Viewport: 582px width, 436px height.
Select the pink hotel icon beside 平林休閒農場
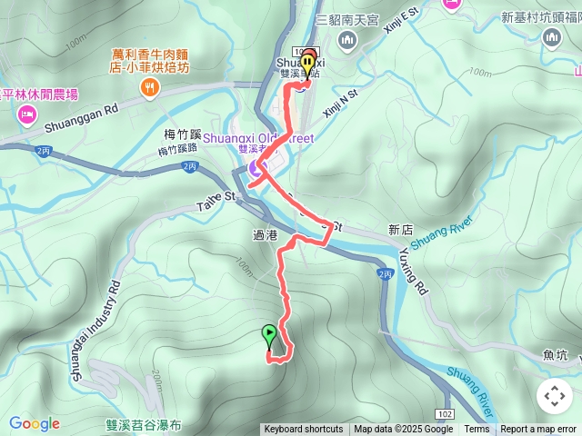click(24, 114)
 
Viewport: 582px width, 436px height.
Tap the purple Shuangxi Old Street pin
click(255, 168)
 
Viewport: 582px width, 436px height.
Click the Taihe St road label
click(216, 201)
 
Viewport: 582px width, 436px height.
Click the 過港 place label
click(265, 235)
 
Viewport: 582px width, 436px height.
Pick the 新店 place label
click(400, 229)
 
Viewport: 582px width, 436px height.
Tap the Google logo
click(34, 423)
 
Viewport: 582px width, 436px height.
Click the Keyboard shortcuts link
click(304, 430)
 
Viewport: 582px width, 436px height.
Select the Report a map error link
click(539, 430)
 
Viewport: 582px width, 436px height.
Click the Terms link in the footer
click(477, 430)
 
